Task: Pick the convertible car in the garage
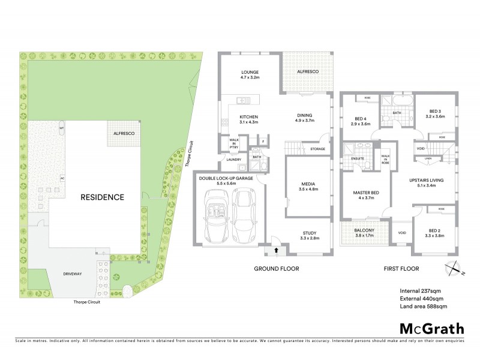point(215,214)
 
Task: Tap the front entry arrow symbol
point(277,249)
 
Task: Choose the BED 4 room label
point(362,119)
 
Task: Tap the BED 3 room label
point(436,111)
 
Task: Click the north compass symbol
point(452,269)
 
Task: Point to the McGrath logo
point(431,329)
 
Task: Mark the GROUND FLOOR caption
point(276,269)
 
